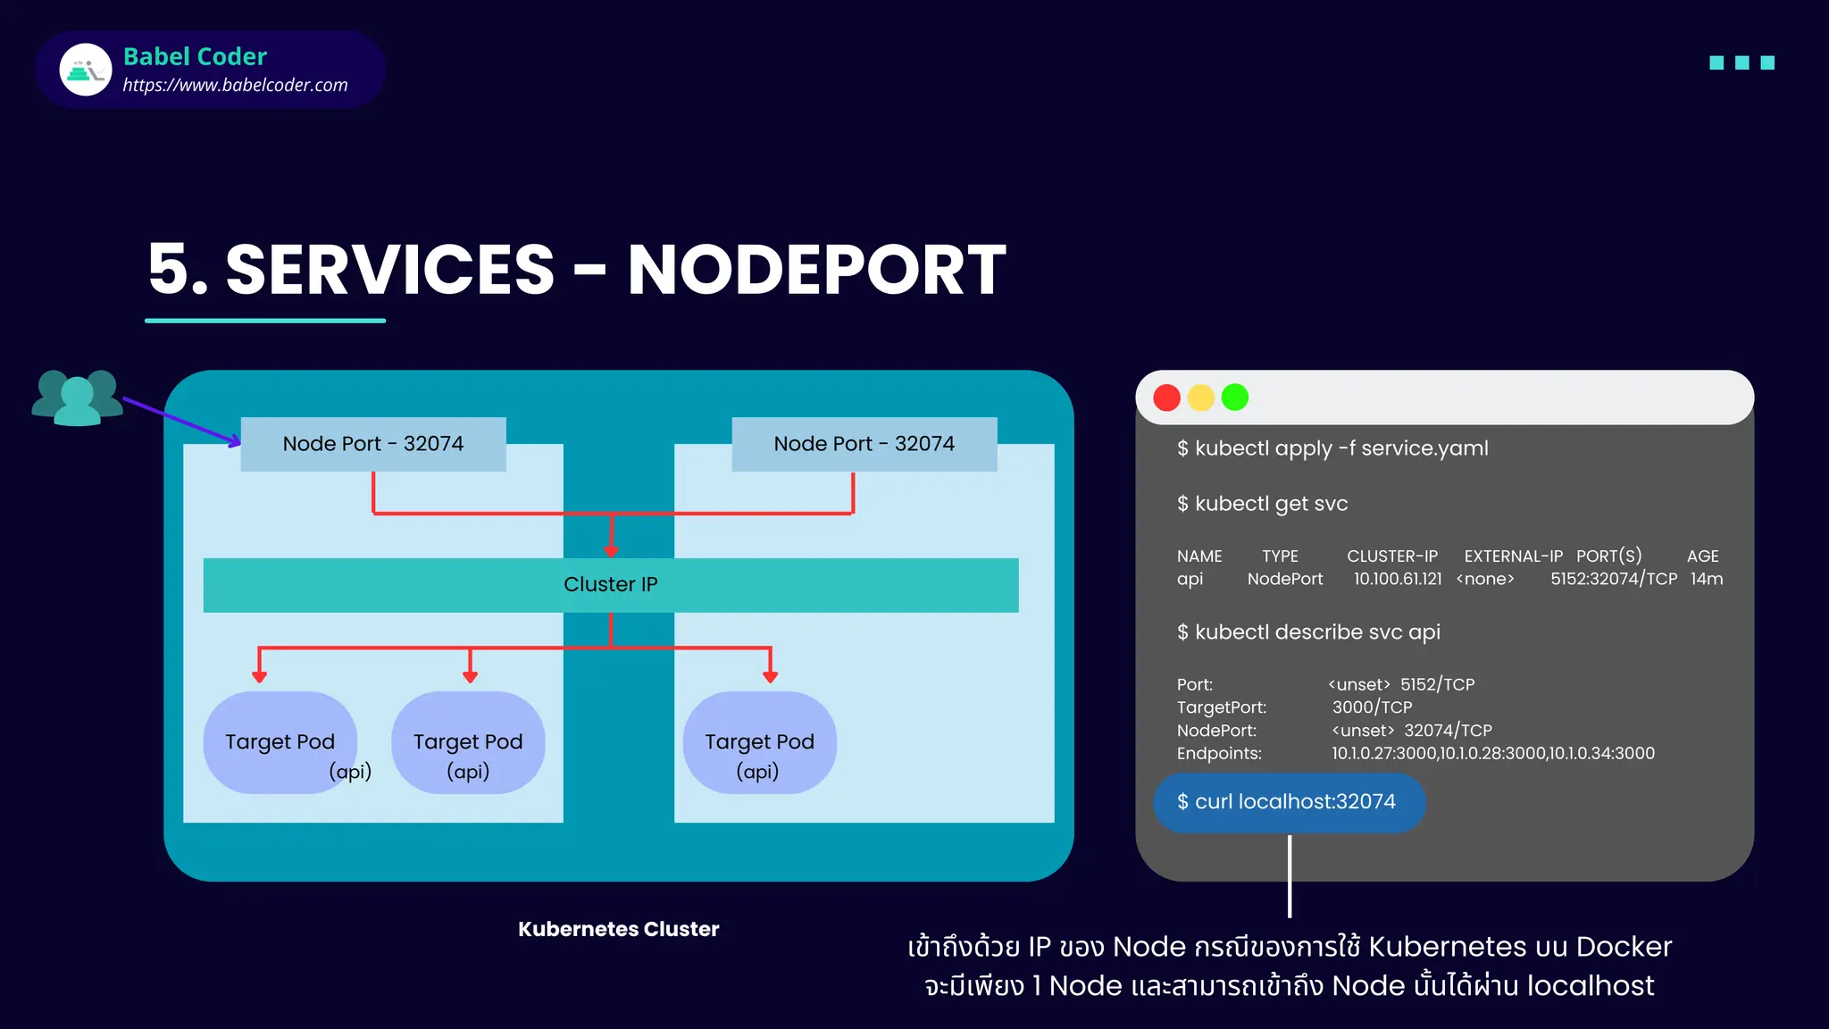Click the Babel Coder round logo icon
pos(86,70)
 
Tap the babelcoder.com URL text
pos(235,85)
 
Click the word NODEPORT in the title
pos(816,270)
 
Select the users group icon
pos(77,398)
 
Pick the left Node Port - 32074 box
pos(373,444)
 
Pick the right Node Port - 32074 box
pos(864,444)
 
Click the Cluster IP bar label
pos(610,584)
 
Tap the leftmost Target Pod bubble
pos(280,742)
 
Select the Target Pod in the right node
pos(759,742)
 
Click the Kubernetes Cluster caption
pos(618,929)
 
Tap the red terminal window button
pos(1166,397)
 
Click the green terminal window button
pos(1234,397)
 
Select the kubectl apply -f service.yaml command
pos(1332,448)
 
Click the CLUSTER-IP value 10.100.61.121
pos(1397,579)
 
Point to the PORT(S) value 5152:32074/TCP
pos(1613,579)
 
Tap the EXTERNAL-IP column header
pos(1513,556)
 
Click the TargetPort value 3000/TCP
pos(1372,707)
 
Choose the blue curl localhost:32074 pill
pos(1288,802)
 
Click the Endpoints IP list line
pos(1492,753)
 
